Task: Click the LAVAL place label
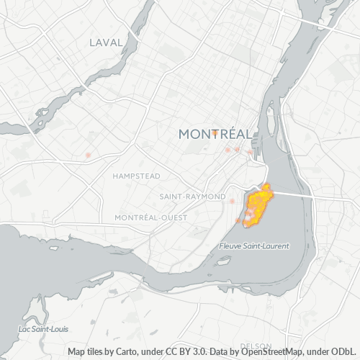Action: [107, 42]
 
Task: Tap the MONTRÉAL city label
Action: [215, 134]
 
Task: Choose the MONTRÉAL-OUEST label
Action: [150, 217]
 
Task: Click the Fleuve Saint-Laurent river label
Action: [253, 246]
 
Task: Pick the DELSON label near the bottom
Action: [256, 346]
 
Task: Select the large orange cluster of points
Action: [258, 206]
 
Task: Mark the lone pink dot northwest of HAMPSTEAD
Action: [88, 155]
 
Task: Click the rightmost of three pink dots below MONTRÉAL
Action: [249, 151]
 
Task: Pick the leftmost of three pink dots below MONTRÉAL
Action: [228, 150]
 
